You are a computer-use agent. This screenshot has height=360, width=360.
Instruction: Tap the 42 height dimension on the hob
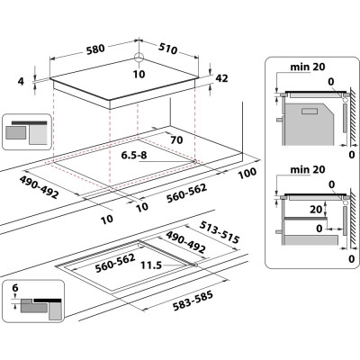click(222, 78)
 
